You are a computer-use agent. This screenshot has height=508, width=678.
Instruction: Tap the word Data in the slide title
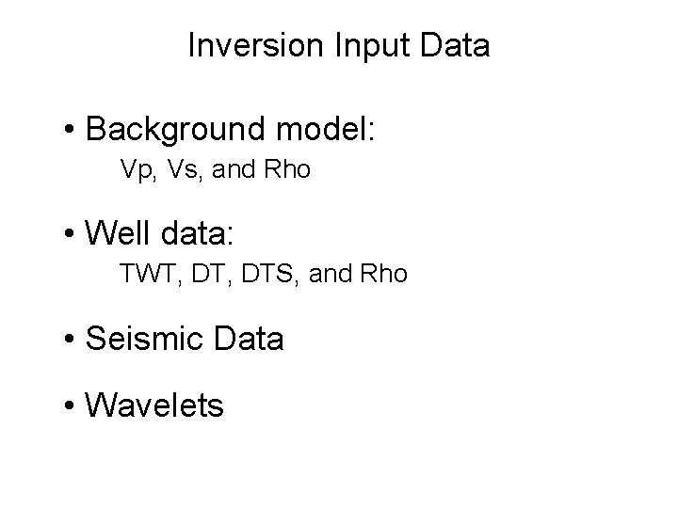click(x=457, y=45)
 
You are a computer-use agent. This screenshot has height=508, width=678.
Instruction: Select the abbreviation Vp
click(x=137, y=171)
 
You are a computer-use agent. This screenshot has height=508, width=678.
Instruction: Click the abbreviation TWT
click(x=142, y=274)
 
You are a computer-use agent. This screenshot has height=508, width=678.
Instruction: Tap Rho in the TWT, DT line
click(x=386, y=274)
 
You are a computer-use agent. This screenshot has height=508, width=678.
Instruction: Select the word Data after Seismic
click(x=247, y=339)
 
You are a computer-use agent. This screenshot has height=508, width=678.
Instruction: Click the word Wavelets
click(x=154, y=406)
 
